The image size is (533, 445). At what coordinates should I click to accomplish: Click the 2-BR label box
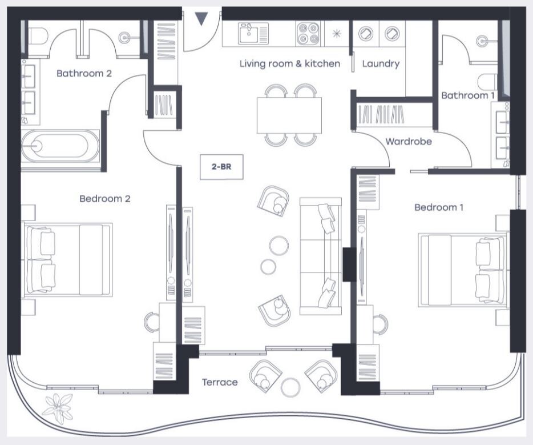click(x=221, y=167)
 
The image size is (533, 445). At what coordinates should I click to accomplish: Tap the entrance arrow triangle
click(x=201, y=19)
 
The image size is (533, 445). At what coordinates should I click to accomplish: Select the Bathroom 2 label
click(x=84, y=73)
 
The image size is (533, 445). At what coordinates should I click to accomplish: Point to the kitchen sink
click(x=253, y=33)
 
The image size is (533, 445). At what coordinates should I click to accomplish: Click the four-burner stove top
click(x=308, y=33)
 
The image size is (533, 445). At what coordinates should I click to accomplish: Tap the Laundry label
click(x=381, y=64)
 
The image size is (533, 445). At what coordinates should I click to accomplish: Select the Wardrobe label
click(x=409, y=141)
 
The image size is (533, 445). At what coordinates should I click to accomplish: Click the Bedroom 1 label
click(x=438, y=207)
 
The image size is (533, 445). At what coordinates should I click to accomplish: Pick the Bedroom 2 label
click(x=104, y=198)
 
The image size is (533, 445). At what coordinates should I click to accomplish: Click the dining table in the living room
click(x=289, y=115)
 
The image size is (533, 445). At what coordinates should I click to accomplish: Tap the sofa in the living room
click(x=321, y=256)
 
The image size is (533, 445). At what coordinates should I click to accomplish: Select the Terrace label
click(x=220, y=382)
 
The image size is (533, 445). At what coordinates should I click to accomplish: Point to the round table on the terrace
click(x=290, y=387)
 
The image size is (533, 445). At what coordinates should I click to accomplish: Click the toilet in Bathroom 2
click(x=38, y=36)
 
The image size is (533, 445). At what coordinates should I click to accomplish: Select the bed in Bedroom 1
click(x=462, y=270)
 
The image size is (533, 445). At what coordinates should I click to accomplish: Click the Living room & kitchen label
click(x=290, y=63)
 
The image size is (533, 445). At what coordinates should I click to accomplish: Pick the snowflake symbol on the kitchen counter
click(x=336, y=33)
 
